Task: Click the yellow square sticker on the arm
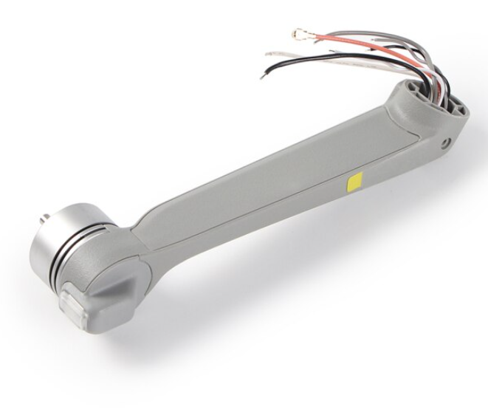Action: click(354, 182)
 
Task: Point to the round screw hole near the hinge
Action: click(446, 143)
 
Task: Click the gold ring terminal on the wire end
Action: click(299, 33)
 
